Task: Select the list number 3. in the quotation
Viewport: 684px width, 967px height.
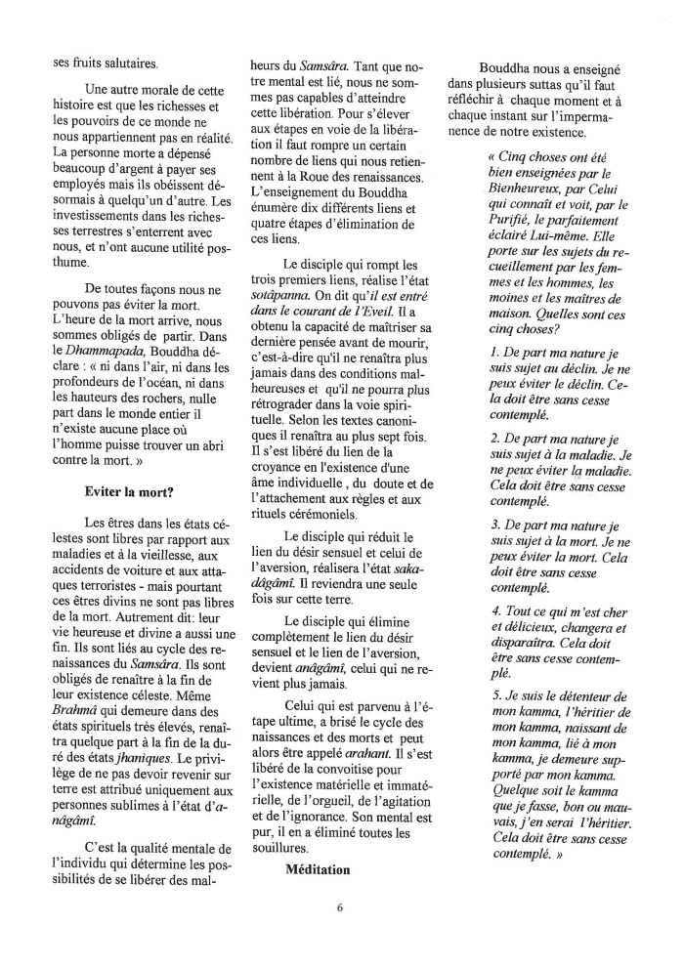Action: (496, 526)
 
